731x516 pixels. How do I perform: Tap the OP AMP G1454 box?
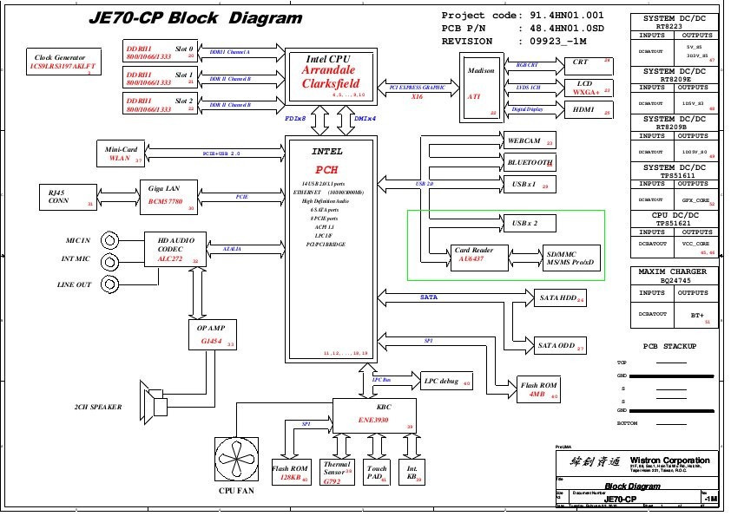tap(212, 335)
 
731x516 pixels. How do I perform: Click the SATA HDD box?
tap(559, 298)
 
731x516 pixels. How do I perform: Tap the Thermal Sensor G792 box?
tap(336, 471)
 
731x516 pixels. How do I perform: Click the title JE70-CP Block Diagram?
tap(196, 17)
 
